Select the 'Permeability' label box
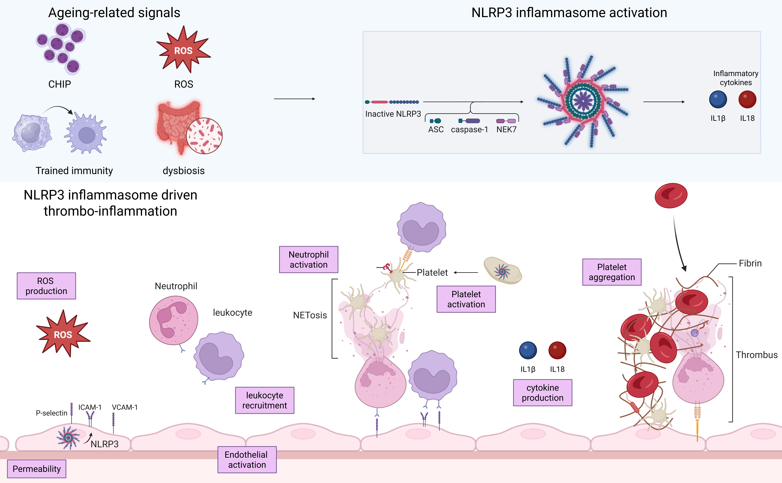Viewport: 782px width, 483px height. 36,469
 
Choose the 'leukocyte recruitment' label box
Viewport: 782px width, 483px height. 264,400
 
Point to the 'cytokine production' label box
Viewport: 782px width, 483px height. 542,393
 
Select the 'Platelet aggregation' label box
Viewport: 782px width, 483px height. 611,272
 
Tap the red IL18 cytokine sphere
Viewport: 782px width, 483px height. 747,99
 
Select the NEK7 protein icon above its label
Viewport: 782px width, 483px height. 506,121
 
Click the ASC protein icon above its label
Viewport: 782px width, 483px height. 436,121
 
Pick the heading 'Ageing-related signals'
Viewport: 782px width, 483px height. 114,13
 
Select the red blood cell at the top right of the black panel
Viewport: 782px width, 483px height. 671,195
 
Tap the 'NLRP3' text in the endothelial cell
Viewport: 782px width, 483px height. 104,444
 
